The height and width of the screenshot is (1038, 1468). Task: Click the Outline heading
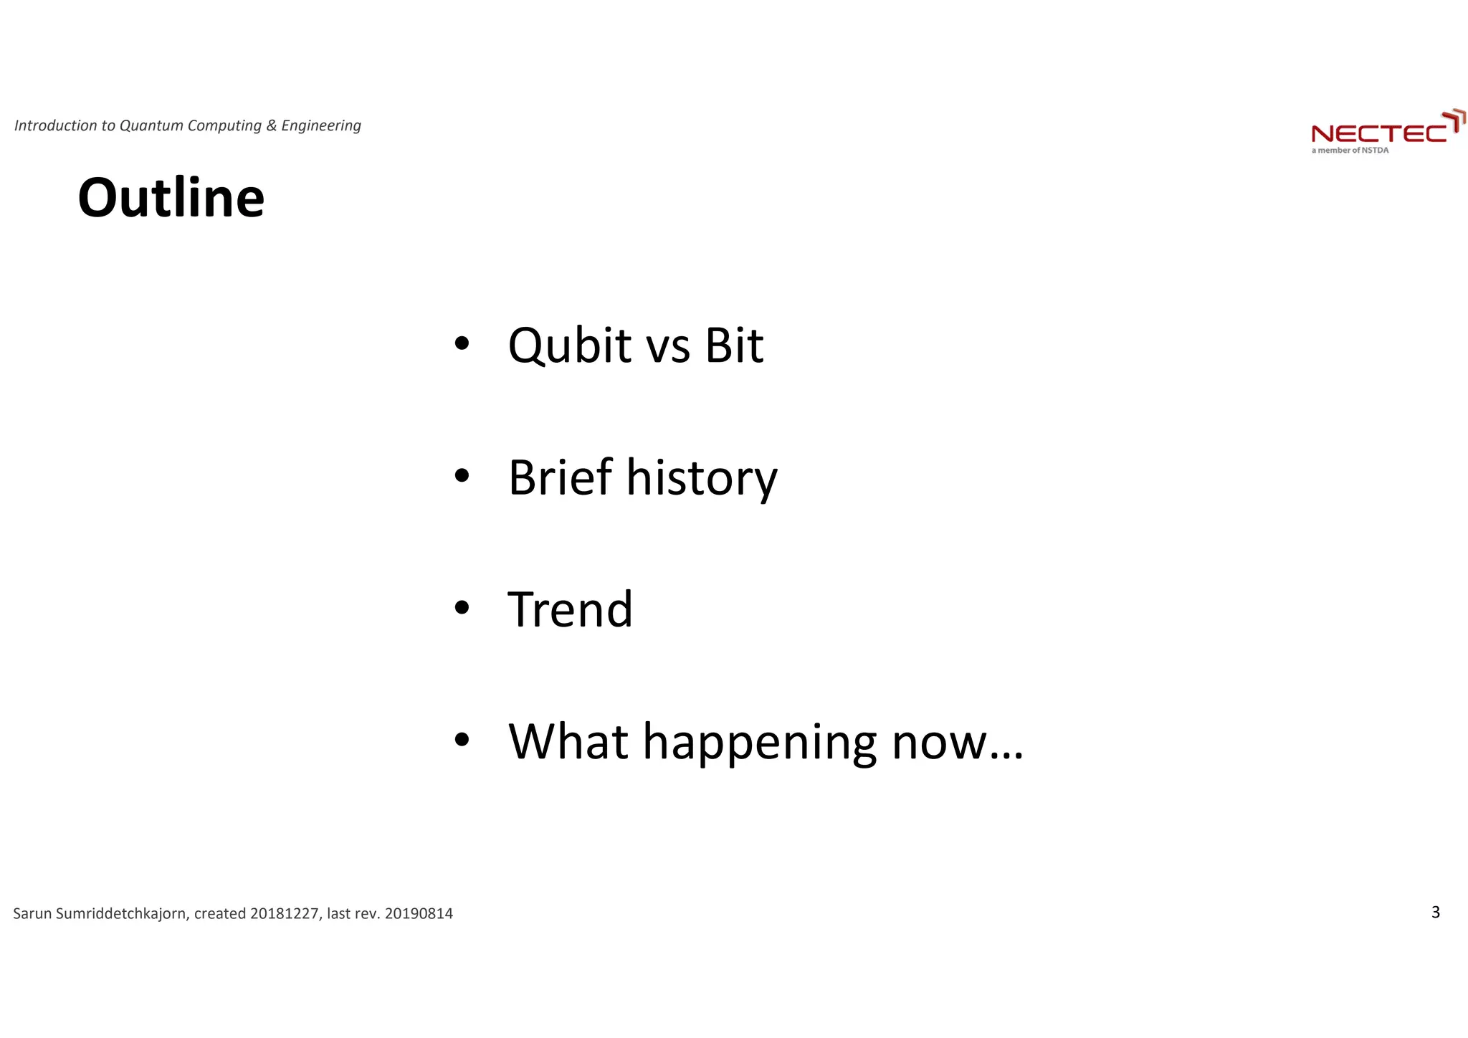click(171, 198)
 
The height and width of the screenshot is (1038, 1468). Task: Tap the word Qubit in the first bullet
click(569, 346)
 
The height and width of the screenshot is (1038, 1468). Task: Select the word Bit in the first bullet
click(733, 346)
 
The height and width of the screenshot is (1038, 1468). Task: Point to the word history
click(701, 479)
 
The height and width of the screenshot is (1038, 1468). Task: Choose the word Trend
click(570, 610)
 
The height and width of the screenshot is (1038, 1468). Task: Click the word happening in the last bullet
click(759, 743)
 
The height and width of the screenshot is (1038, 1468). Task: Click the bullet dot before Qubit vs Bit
click(462, 344)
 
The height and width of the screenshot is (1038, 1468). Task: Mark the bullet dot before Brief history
click(462, 476)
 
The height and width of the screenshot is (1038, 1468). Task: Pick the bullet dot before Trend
click(462, 608)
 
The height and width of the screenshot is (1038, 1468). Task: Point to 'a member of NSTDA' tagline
click(1350, 151)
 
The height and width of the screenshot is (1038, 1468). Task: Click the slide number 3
click(1435, 912)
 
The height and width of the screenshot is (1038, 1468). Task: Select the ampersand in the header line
click(271, 126)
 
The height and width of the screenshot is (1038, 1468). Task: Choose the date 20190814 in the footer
click(419, 914)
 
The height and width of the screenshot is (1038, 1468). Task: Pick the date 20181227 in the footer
click(284, 914)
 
